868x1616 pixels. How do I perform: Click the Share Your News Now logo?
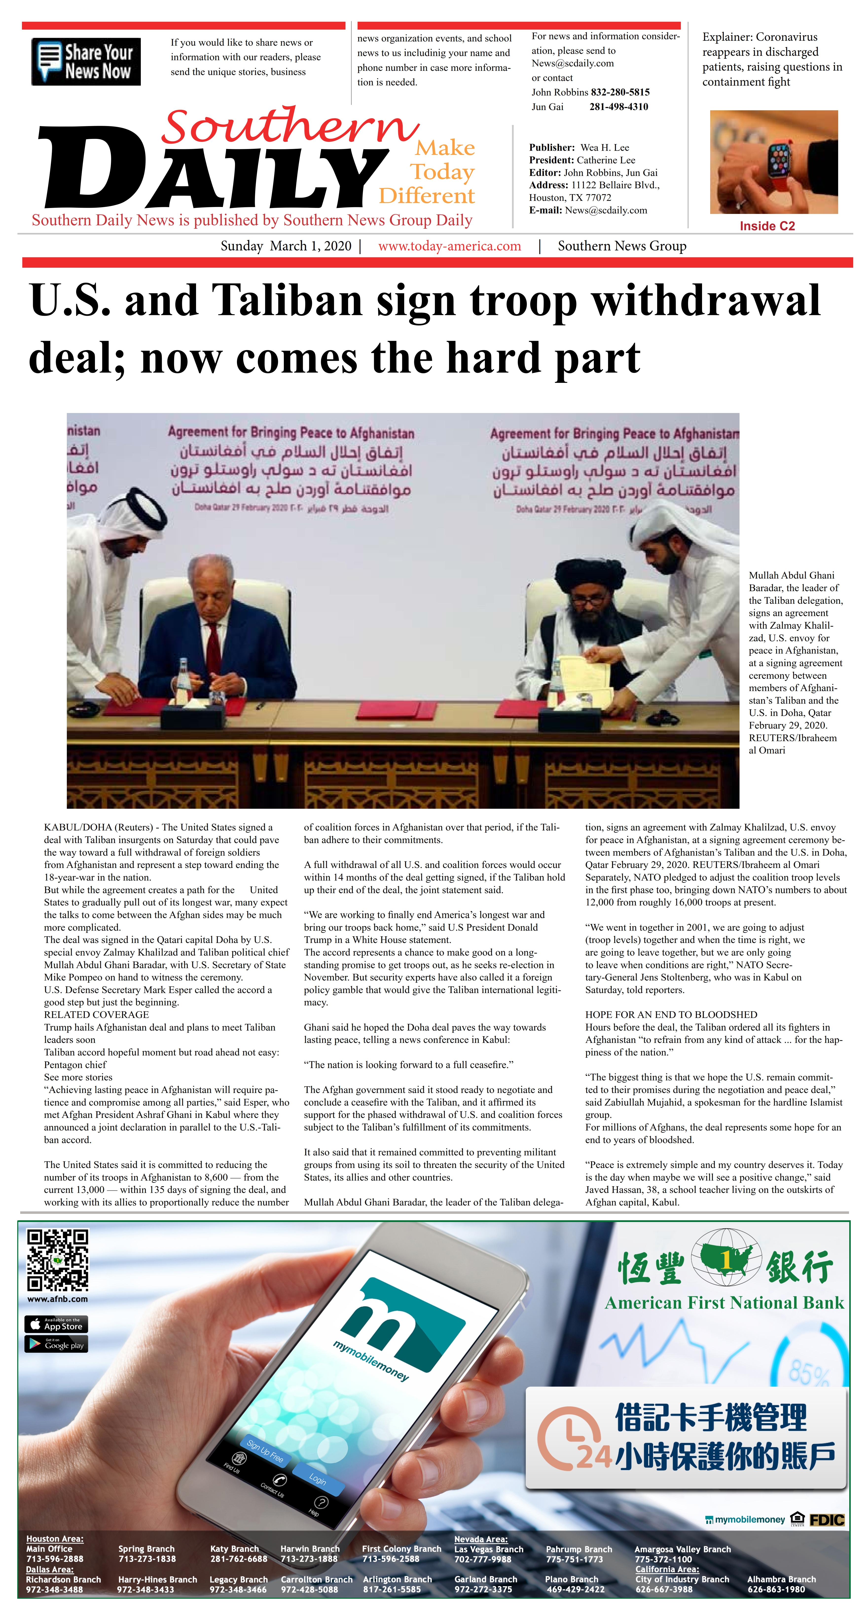(86, 61)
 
